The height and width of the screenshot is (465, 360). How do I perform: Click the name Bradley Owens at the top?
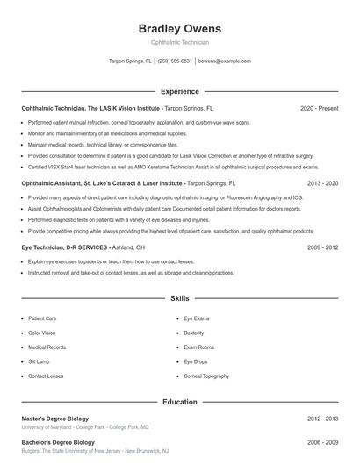[180, 28]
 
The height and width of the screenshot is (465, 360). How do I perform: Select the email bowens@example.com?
[225, 61]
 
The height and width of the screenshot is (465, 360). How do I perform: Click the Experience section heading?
[180, 91]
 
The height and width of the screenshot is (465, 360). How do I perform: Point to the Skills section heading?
[180, 298]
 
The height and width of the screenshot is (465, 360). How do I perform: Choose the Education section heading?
[180, 402]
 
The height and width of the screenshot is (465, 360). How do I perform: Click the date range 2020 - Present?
[319, 109]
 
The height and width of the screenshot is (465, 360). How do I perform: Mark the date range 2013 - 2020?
[322, 184]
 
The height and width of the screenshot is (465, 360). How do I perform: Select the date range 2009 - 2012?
[322, 248]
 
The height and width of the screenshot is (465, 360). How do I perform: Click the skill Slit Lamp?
[40, 361]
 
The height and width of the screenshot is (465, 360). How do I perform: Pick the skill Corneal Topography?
[208, 376]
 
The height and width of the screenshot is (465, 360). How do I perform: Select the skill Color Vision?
[42, 333]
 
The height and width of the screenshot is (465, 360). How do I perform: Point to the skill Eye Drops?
[196, 361]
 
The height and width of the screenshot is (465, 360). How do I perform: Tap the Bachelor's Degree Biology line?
[58, 442]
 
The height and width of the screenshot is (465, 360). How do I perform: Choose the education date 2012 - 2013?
[322, 419]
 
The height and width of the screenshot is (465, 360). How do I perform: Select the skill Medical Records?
[47, 347]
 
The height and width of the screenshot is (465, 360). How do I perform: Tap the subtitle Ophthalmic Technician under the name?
[180, 42]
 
